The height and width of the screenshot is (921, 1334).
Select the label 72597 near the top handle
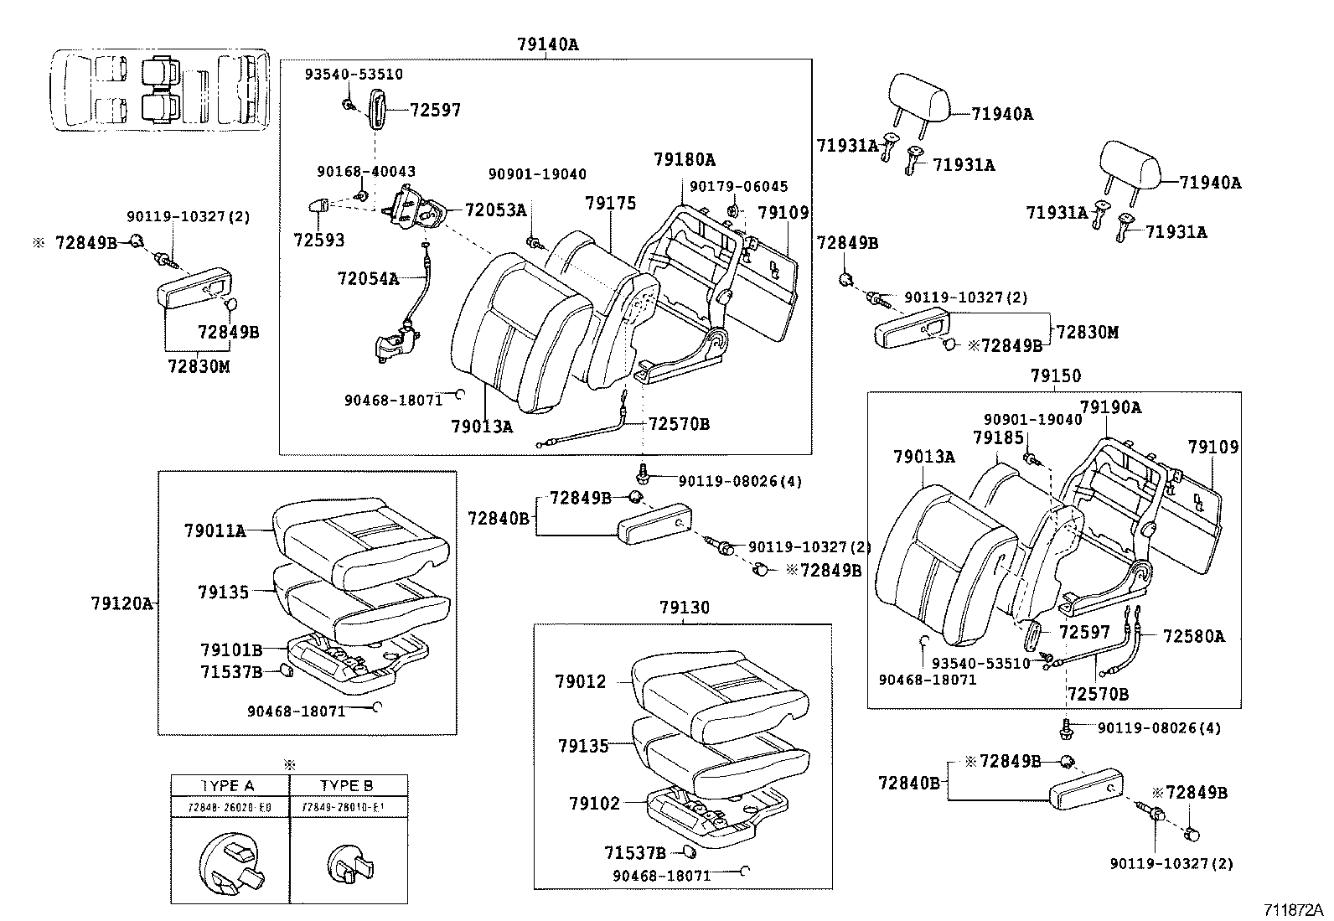point(435,111)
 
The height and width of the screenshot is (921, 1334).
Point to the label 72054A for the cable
point(368,278)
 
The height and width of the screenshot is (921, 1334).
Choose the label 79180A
point(685,160)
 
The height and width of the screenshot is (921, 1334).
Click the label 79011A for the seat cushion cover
point(215,530)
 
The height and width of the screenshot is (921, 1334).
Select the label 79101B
point(231,649)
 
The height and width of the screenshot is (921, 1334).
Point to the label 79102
point(594,804)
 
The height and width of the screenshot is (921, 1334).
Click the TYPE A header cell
point(228,785)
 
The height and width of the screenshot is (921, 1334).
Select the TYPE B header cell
point(347,785)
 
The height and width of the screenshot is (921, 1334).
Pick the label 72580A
point(1193,637)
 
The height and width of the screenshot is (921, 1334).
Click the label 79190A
point(1110,407)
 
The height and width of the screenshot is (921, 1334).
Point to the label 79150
point(1055,376)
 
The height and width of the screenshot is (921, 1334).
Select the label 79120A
point(122,603)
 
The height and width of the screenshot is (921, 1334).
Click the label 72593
point(318,241)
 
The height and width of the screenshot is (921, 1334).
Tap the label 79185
point(998,438)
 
